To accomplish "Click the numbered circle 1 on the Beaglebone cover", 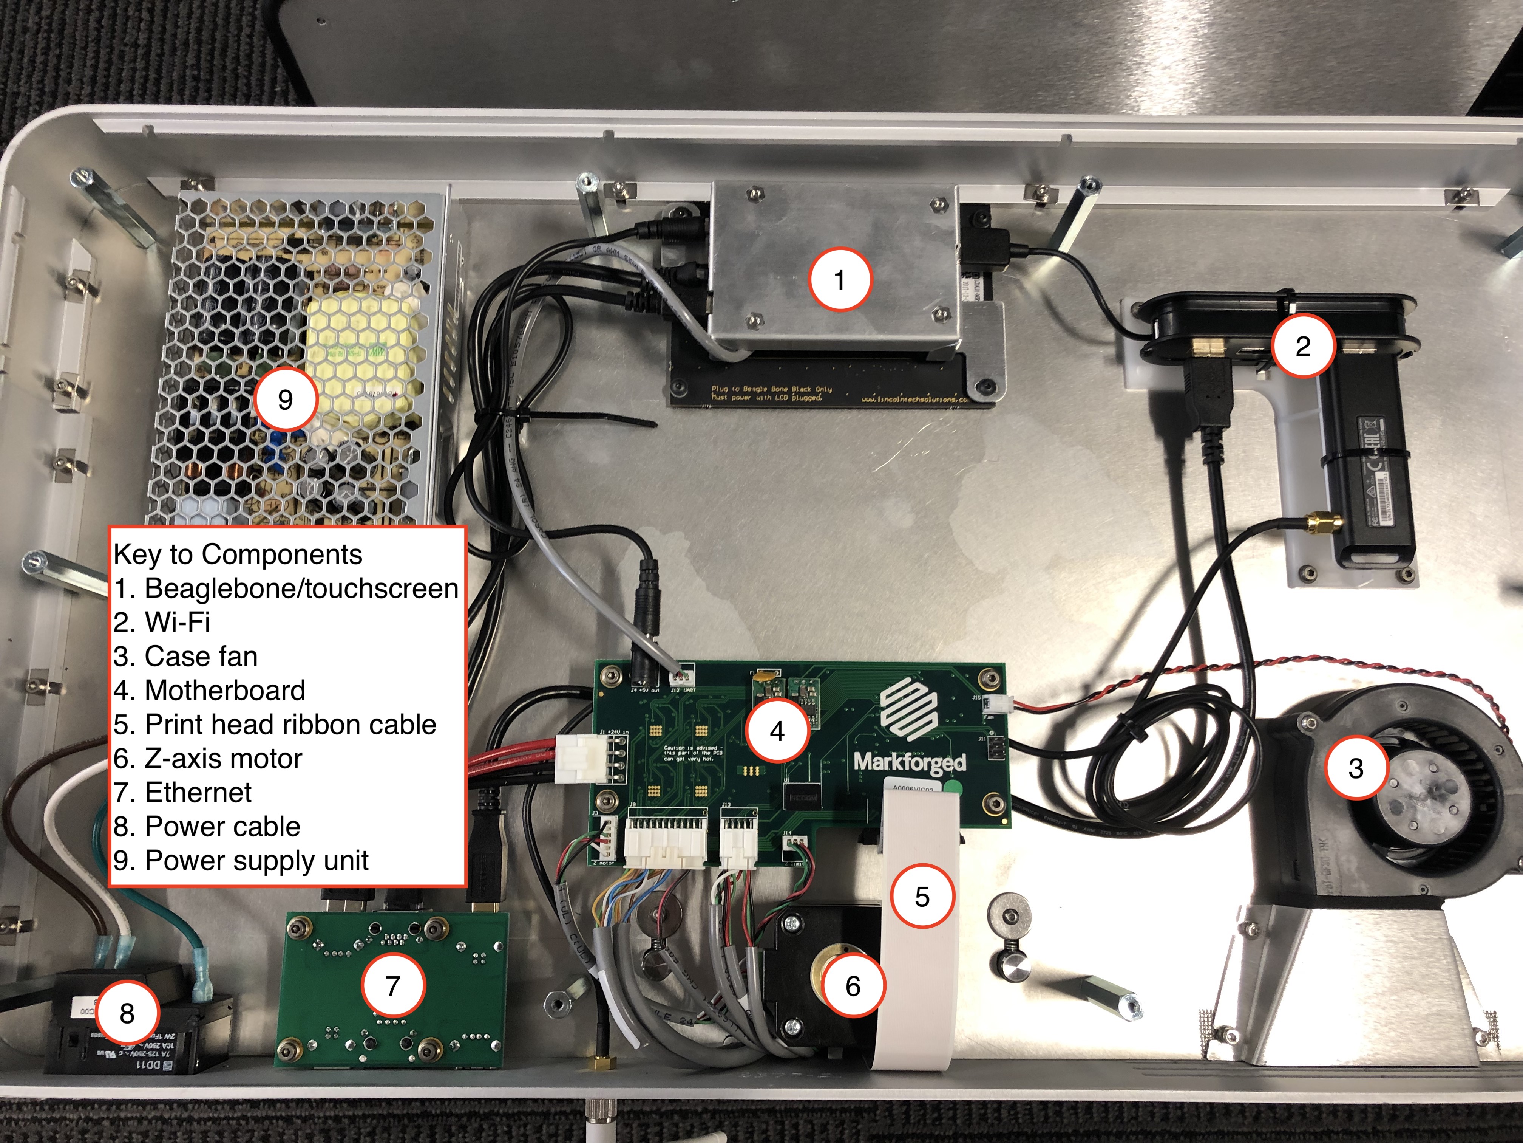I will coord(839,280).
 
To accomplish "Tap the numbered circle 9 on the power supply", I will coord(285,400).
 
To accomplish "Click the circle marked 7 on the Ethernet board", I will coord(392,985).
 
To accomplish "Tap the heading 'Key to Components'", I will coord(238,554).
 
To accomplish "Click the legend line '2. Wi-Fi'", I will coord(162,622).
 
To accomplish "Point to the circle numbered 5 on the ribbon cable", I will coord(922,896).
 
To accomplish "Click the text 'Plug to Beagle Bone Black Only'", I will coord(771,389).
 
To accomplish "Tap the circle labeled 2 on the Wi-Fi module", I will coord(1303,345).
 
